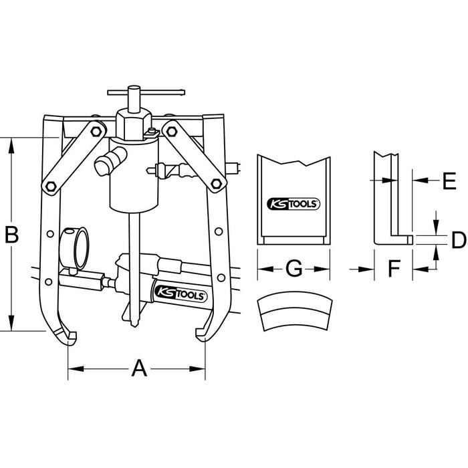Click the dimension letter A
139,368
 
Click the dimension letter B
12,234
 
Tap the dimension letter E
449,181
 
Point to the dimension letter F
394,268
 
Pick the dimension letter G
294,268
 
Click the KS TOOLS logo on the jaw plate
293,204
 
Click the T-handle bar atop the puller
146,92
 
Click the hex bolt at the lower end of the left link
51,187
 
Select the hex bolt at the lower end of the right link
216,183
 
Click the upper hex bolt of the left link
96,131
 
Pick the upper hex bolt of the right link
172,131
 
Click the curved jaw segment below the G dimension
295,311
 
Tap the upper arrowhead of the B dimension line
11,146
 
